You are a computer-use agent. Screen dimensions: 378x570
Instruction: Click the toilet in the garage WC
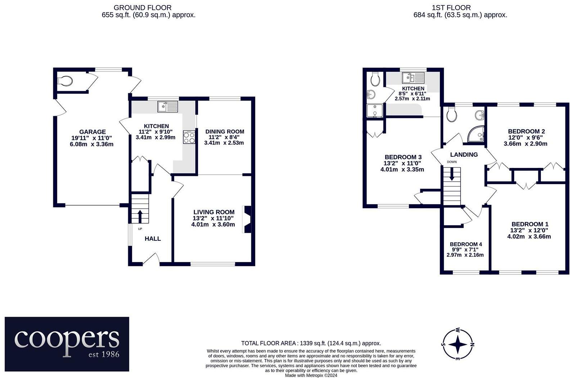tap(66, 81)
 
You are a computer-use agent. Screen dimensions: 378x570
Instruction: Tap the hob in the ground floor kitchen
tap(189, 137)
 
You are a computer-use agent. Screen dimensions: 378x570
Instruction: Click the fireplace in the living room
tap(247, 219)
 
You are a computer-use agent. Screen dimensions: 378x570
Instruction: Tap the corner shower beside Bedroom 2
tap(477, 134)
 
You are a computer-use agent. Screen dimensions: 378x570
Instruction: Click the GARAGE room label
tap(93, 132)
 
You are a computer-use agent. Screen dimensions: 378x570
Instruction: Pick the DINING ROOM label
tap(225, 132)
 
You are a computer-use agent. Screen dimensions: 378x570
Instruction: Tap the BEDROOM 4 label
tap(466, 244)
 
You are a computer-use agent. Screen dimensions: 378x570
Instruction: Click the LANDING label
tap(464, 155)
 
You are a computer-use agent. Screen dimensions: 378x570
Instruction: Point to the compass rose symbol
tap(458, 344)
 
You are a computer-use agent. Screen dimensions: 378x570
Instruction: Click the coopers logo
tap(67, 344)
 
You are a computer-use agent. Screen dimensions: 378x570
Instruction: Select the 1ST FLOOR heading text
tap(451, 8)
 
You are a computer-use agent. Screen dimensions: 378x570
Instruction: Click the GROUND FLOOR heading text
tap(142, 8)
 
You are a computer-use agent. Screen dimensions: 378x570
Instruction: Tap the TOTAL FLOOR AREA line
tap(311, 343)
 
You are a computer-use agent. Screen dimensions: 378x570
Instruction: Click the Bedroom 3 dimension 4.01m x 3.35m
tap(402, 169)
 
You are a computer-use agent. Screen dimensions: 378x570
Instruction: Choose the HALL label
tap(153, 239)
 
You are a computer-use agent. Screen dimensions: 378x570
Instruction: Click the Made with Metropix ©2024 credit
tap(311, 375)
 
